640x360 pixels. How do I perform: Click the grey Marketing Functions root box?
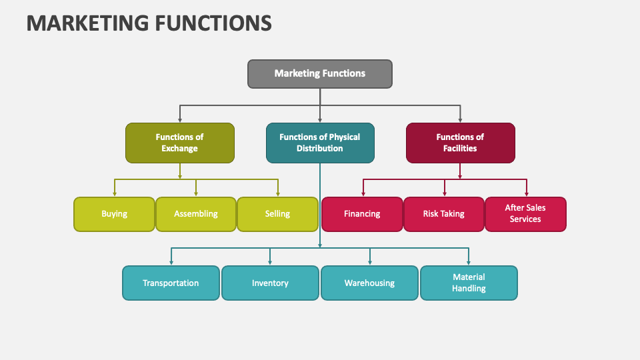tap(320, 74)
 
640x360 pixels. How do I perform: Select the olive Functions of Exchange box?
tap(180, 143)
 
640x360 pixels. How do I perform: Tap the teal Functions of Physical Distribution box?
tap(320, 143)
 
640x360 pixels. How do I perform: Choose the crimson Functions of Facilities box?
tap(461, 143)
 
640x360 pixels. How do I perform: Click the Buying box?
tap(114, 214)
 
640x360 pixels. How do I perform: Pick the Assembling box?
tap(196, 214)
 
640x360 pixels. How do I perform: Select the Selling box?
tap(277, 214)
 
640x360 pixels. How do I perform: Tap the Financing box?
tap(362, 214)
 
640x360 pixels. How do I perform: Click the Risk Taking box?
tap(444, 214)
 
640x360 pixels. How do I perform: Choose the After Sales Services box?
tap(525, 214)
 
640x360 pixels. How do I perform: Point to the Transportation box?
tap(171, 283)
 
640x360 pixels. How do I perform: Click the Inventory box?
tap(270, 283)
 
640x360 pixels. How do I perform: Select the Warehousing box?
tap(369, 283)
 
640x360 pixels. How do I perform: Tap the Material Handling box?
tap(469, 283)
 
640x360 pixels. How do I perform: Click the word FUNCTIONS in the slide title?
tap(213, 23)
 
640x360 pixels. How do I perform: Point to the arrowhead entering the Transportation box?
tap(171, 263)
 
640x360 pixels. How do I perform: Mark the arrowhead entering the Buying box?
tap(115, 193)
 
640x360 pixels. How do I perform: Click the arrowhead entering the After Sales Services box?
tap(526, 193)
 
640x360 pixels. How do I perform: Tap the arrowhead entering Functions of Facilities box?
tap(461, 119)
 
